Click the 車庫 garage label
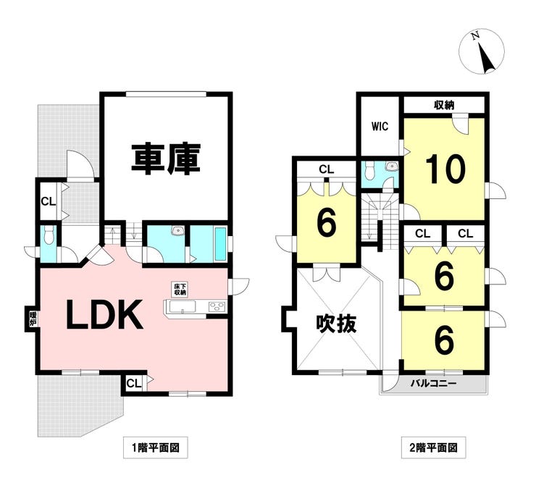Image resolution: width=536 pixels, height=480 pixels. point(165,159)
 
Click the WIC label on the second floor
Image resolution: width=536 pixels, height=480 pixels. point(380,126)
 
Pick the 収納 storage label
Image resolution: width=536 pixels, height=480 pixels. point(444,106)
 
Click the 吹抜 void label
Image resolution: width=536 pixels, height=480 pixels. point(336,324)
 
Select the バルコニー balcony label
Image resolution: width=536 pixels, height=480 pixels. point(433,383)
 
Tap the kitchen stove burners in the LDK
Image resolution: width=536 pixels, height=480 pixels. point(217,307)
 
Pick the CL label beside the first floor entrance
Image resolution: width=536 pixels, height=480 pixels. point(47,201)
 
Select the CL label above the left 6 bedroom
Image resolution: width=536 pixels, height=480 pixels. point(326,169)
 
